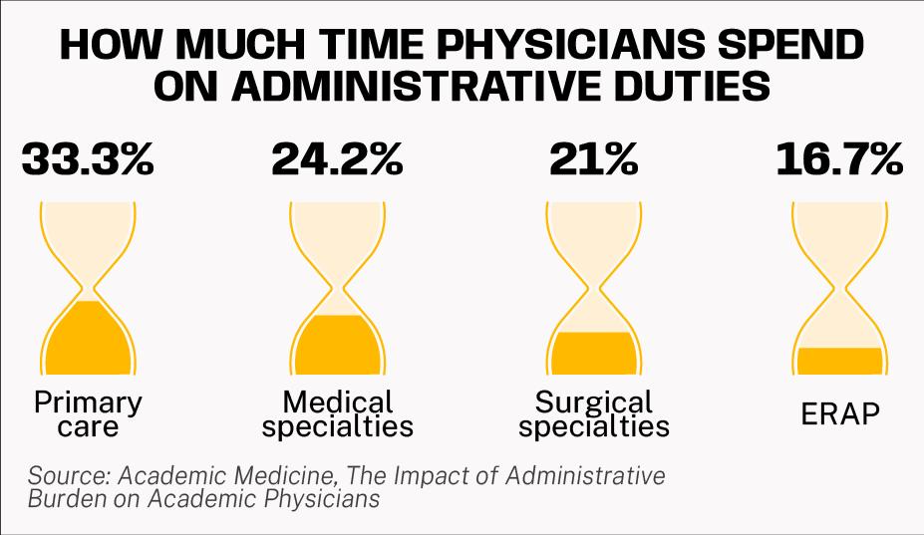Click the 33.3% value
click(x=88, y=159)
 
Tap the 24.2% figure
click(x=337, y=159)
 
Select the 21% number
click(x=592, y=159)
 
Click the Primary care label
click(x=88, y=415)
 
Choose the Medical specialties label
click(x=338, y=415)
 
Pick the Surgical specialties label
click(x=594, y=415)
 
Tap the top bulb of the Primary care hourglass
click(x=88, y=234)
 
